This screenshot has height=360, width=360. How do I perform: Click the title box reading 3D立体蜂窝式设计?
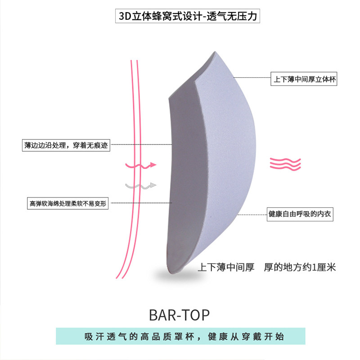(187, 17)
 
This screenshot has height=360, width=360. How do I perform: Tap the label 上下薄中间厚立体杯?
(304, 80)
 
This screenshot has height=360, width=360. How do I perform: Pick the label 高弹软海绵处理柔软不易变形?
(67, 203)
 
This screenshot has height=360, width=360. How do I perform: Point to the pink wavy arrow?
(140, 165)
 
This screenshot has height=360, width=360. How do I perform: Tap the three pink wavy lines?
(285, 164)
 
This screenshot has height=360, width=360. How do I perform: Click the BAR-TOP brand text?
(179, 315)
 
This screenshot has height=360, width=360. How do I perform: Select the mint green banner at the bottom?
(180, 337)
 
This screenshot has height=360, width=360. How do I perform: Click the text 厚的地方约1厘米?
(301, 267)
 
